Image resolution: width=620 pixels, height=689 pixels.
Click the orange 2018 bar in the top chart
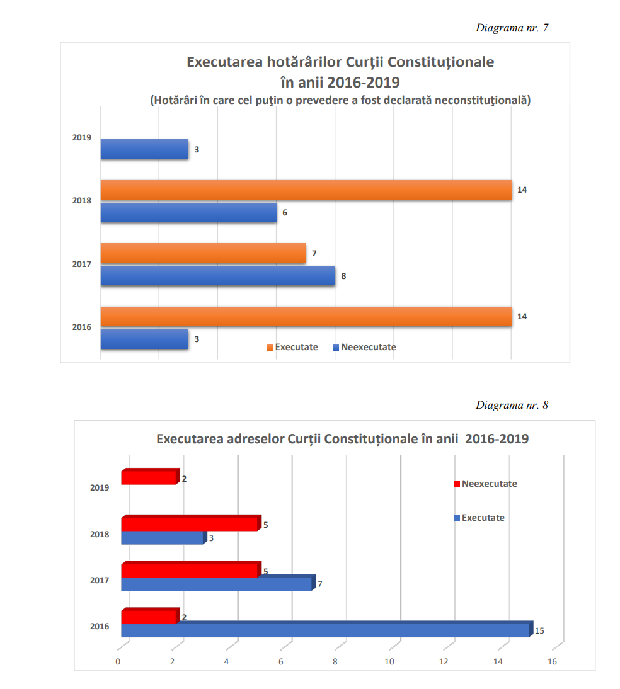click(306, 190)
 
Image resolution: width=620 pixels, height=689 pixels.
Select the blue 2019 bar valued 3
click(144, 149)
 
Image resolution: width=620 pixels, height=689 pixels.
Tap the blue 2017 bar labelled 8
click(217, 276)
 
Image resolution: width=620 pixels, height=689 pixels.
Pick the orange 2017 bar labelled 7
click(203, 253)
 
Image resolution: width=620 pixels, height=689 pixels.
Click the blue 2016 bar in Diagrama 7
click(144, 339)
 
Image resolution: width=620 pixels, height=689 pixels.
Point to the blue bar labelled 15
click(324, 630)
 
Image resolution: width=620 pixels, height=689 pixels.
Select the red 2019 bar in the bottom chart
click(148, 479)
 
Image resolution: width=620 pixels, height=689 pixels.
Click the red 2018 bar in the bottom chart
click(189, 524)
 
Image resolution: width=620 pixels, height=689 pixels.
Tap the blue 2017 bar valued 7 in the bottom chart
click(216, 584)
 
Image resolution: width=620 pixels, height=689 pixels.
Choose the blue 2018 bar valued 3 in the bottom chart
click(162, 538)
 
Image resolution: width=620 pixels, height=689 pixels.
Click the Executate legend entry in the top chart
click(292, 347)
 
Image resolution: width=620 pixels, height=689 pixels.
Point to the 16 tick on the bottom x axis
click(552, 661)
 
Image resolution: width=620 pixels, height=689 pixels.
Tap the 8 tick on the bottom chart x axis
click(335, 661)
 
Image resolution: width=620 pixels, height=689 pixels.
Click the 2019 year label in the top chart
click(82, 137)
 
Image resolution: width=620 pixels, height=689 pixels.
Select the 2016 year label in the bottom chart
click(100, 626)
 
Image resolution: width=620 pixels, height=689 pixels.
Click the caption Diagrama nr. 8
click(512, 405)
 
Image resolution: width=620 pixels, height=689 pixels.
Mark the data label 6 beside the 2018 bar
click(285, 213)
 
